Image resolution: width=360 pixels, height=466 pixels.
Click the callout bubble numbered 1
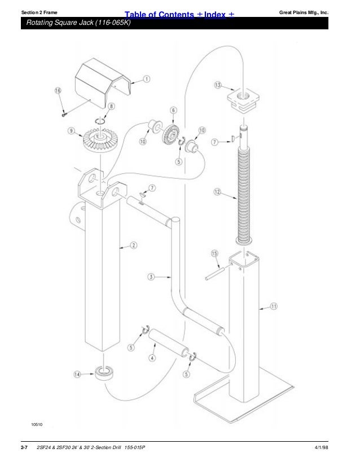[146, 79]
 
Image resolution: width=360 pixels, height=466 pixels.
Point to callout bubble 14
[77, 373]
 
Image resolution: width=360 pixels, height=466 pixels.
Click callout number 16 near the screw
[58, 90]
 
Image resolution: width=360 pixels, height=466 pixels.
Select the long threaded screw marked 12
[244, 192]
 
